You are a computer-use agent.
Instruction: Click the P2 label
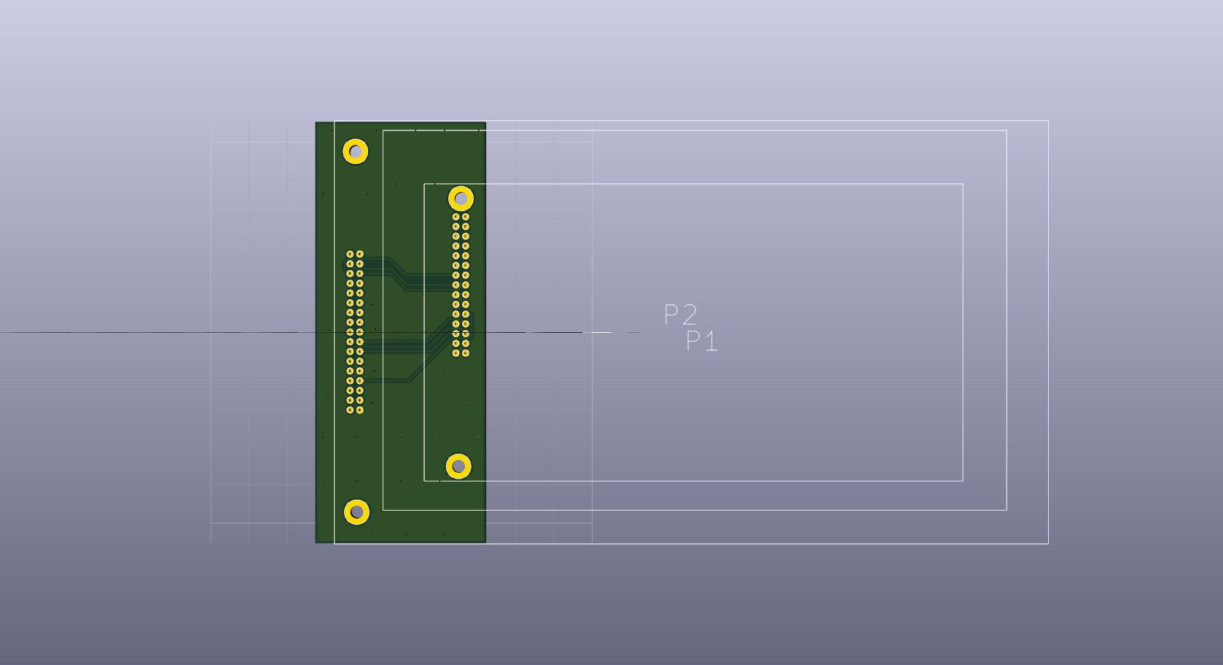click(x=680, y=315)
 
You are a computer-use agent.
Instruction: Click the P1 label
click(x=702, y=341)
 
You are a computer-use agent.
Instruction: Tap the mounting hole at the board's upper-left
click(x=356, y=152)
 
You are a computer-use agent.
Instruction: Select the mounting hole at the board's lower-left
click(x=356, y=512)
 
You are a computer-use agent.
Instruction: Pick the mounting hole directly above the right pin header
click(x=461, y=199)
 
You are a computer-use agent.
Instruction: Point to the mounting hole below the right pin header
click(x=458, y=466)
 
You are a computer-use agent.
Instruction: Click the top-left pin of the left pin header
click(x=350, y=254)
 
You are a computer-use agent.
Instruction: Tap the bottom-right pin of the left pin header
click(x=360, y=410)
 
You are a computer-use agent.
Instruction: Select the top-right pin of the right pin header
click(x=466, y=217)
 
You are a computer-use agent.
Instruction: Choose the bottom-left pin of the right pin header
click(x=456, y=353)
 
